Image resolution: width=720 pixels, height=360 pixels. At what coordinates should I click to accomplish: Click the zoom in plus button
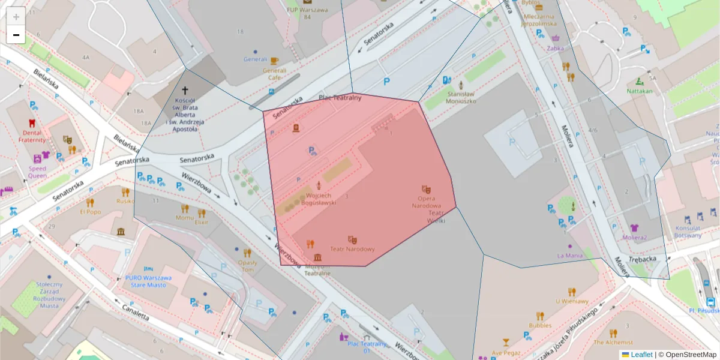tap(16, 16)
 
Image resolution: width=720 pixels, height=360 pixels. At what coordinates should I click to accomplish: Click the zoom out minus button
tap(16, 35)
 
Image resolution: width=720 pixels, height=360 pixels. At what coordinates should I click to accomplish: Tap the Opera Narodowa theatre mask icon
tap(426, 189)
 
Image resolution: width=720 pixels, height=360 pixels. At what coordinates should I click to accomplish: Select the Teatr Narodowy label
tap(352, 249)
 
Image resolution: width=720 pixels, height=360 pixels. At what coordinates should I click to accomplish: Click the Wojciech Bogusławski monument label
tap(318, 199)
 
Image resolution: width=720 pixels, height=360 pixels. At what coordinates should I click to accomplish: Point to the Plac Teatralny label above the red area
tap(340, 97)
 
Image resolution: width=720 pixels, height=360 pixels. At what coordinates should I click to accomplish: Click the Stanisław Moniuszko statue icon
tap(461, 85)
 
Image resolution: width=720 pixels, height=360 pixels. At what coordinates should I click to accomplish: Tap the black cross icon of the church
tap(185, 89)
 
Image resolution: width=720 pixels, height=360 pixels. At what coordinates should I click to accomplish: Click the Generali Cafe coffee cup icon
tap(274, 61)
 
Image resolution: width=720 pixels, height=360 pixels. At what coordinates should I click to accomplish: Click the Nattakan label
tap(639, 91)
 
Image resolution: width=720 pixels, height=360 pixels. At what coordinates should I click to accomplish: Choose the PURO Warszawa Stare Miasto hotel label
tap(149, 281)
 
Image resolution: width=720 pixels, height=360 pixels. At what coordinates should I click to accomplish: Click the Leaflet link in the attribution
tap(641, 355)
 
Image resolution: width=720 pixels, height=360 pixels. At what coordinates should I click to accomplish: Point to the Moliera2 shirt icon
tap(635, 227)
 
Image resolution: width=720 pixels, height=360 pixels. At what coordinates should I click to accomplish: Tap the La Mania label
tap(569, 256)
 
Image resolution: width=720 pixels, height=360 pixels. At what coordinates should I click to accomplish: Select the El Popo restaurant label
tap(90, 212)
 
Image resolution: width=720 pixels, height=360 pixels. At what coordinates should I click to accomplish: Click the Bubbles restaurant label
tap(540, 325)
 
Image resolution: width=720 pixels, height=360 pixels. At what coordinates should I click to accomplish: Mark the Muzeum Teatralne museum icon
tap(317, 257)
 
